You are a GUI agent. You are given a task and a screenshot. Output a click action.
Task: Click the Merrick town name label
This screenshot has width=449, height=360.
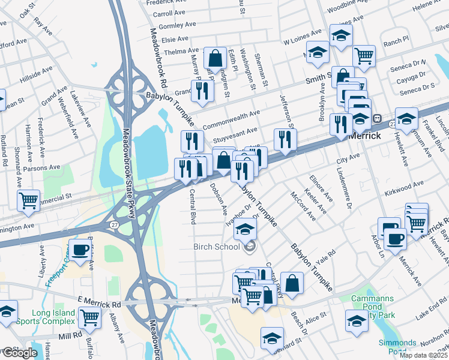point(365,136)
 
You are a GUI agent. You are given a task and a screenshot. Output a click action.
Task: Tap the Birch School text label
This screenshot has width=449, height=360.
point(217,247)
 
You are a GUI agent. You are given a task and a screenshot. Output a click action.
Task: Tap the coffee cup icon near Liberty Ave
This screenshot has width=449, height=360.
point(80,250)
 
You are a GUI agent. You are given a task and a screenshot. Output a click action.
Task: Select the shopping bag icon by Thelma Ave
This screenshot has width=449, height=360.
point(214,58)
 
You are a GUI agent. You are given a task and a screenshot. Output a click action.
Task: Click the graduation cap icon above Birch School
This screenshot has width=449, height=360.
point(245,229)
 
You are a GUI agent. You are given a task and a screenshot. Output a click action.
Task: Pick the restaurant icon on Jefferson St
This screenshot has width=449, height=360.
point(285,139)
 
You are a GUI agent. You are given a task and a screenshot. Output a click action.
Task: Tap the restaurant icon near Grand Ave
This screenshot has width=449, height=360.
point(202,91)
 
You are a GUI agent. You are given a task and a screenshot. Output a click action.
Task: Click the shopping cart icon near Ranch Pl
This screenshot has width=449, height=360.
point(364,56)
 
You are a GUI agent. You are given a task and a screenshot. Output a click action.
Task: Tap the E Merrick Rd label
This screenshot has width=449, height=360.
point(99,304)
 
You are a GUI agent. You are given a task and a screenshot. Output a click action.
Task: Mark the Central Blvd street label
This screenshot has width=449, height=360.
point(193,206)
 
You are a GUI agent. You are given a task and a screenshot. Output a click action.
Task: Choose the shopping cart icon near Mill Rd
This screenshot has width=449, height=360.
point(89,318)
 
